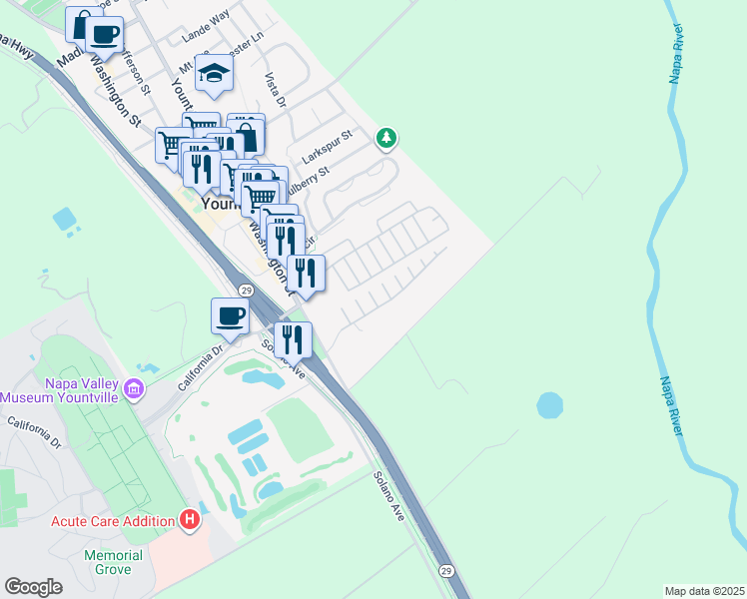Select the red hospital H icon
[189, 519]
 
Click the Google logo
[33, 587]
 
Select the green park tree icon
[387, 139]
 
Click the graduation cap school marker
[213, 73]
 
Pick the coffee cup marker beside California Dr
[231, 316]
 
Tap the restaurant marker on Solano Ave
[293, 339]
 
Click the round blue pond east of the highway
[549, 405]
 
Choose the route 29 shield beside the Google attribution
[446, 570]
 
